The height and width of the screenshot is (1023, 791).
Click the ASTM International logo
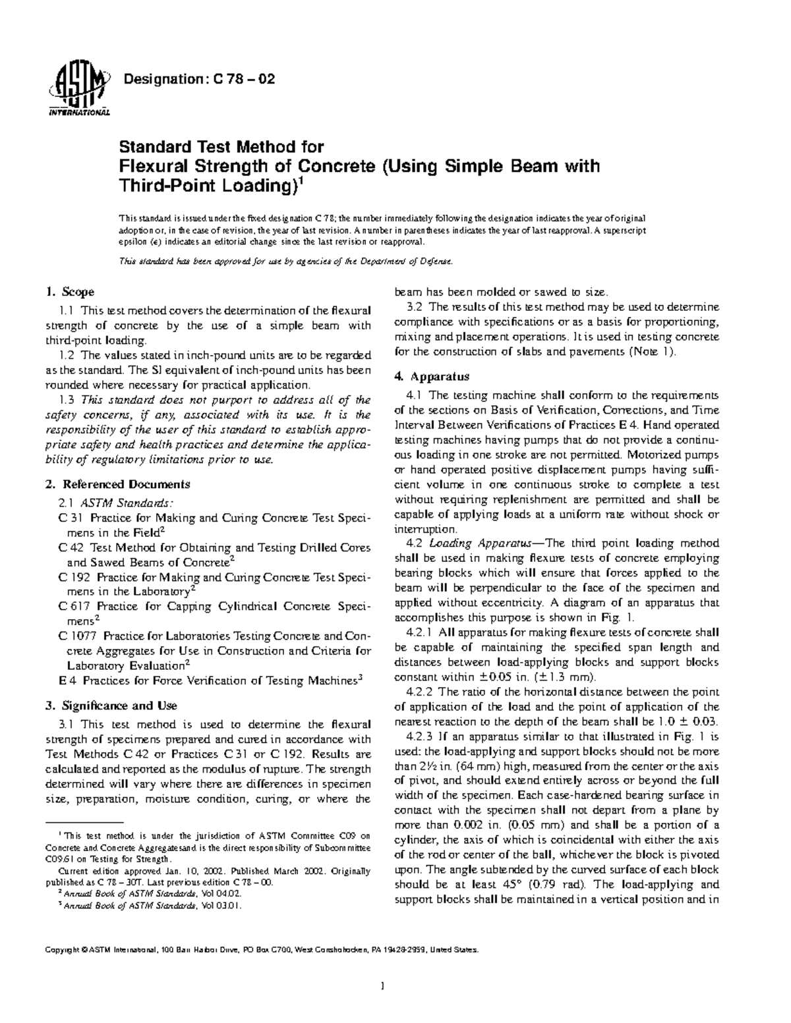tap(77, 90)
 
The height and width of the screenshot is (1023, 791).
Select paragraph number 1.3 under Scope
tap(66, 400)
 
